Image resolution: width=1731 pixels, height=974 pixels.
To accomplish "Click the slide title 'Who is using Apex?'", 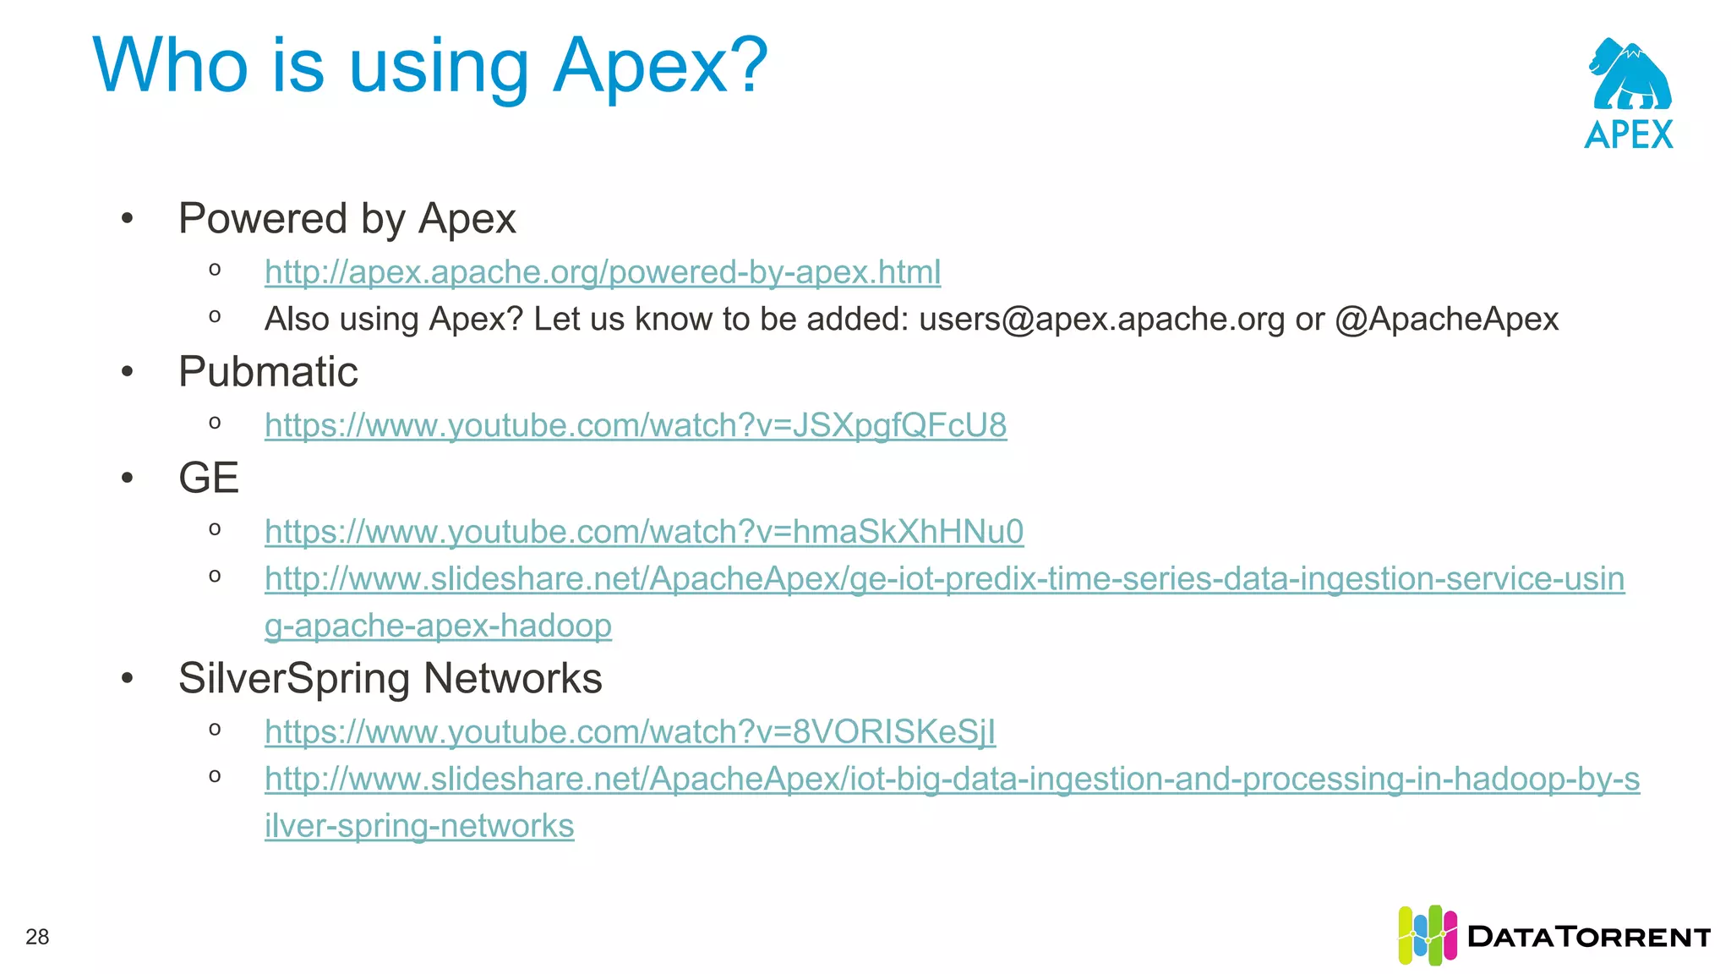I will click(429, 66).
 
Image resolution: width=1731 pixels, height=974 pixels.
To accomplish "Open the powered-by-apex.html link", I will click(602, 272).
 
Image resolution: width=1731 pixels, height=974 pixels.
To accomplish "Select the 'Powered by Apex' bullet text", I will click(347, 219).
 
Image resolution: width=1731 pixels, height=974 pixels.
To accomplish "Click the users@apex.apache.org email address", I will click(1101, 320).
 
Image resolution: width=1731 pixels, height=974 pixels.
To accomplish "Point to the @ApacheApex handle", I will click(1446, 320).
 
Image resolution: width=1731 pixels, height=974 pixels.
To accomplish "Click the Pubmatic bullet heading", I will click(268, 372).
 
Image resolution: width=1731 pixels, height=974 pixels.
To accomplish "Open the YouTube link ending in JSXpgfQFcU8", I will click(635, 425).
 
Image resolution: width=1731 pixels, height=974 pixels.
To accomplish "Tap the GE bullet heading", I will click(209, 478).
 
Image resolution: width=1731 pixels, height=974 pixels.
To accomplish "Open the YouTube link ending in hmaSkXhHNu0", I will click(643, 532).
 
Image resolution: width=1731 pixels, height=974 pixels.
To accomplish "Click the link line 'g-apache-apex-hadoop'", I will click(438, 626).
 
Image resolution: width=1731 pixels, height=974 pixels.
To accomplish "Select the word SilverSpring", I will click(295, 678).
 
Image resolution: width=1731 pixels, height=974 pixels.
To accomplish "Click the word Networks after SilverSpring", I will click(513, 678).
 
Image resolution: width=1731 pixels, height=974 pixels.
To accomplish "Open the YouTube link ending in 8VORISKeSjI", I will click(630, 732).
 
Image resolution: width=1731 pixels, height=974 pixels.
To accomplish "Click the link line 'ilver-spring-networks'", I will click(419, 826).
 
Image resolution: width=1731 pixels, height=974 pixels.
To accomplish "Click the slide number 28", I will click(37, 937).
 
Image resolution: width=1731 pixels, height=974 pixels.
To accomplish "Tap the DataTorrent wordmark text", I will click(1589, 937).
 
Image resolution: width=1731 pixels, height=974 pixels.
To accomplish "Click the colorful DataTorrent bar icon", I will click(1427, 935).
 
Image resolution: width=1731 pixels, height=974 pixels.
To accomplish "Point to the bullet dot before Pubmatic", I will click(128, 372).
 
